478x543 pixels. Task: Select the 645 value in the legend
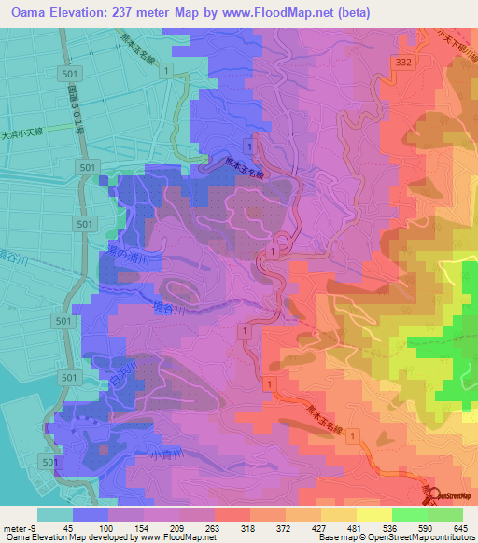point(458,527)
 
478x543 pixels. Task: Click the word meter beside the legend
point(16,527)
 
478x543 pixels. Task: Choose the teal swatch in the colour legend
point(55,514)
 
